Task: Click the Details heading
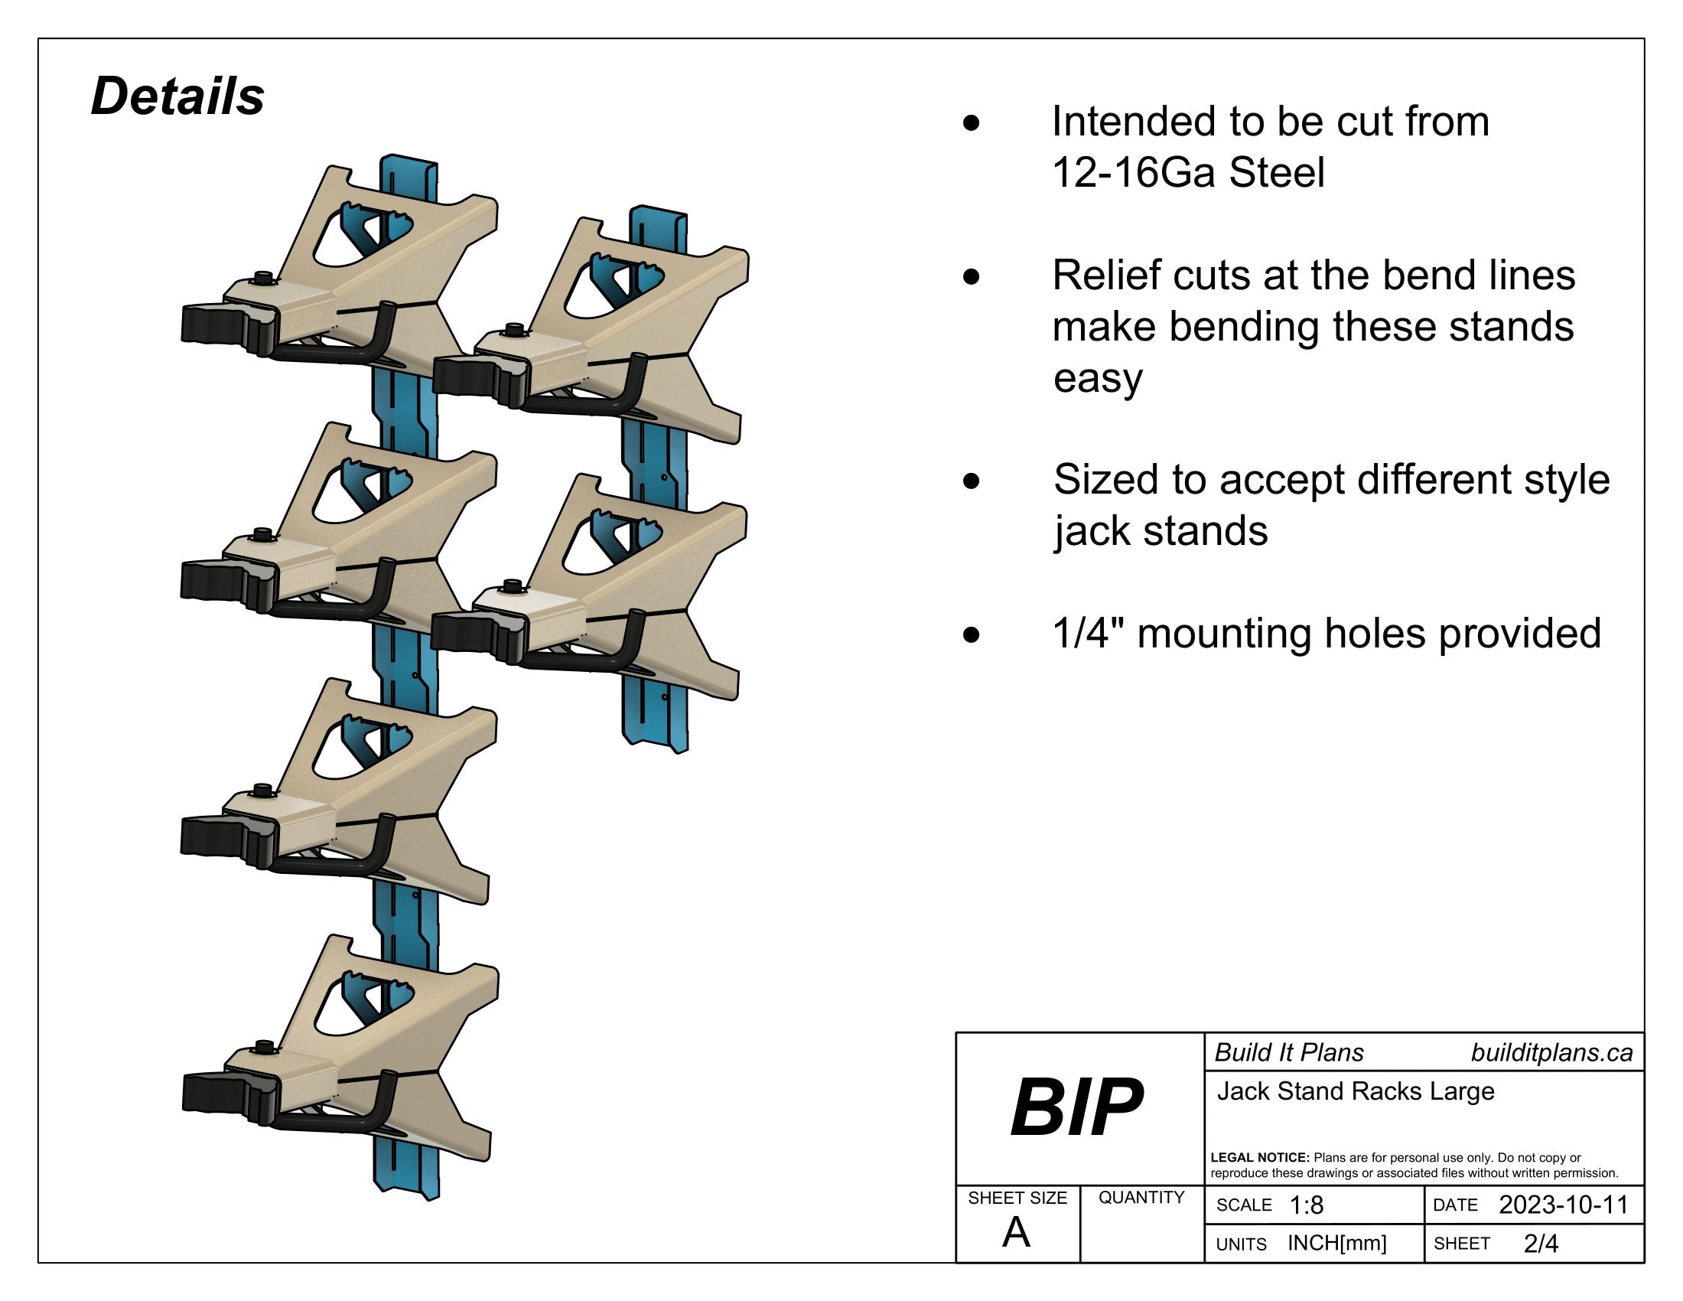(177, 97)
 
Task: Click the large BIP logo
(1076, 1107)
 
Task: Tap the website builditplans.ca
(1551, 1053)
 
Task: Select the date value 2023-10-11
(1563, 1205)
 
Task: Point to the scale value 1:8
(1306, 1205)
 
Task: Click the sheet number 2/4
(1541, 1243)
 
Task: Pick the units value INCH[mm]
(1337, 1243)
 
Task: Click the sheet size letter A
(1017, 1232)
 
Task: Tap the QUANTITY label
(1141, 1197)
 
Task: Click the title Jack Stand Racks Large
(1356, 1091)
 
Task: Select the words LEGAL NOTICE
(1259, 1158)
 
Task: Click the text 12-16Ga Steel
(1188, 173)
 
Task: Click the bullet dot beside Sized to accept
(972, 481)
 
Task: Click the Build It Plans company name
(1289, 1053)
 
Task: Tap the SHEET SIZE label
(1017, 1198)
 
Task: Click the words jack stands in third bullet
(1161, 531)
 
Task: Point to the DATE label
(1455, 1205)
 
